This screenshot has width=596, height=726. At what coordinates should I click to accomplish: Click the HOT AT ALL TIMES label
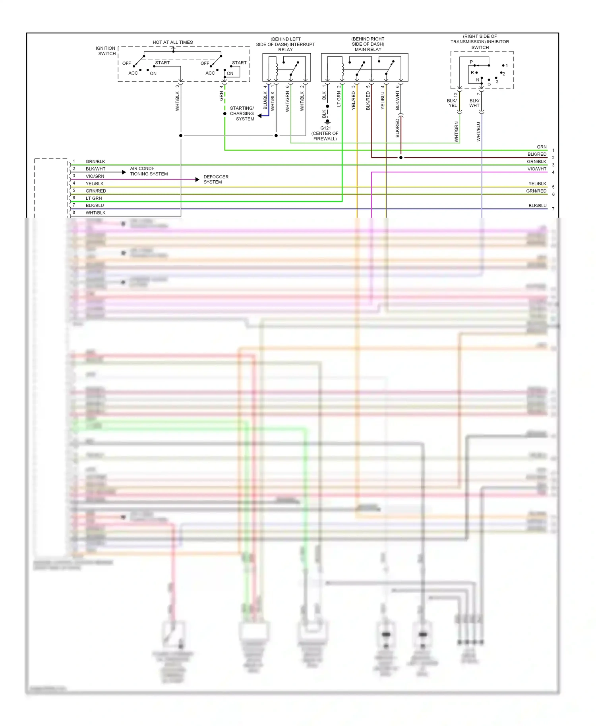(172, 42)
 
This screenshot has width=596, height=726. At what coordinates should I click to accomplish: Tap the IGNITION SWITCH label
(106, 51)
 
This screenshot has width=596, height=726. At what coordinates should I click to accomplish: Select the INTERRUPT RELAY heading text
(285, 44)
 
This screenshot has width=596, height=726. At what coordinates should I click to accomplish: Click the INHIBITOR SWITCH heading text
(480, 42)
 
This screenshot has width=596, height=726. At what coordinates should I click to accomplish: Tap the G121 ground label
(325, 128)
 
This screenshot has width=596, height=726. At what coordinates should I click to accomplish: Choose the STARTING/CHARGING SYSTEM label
(242, 114)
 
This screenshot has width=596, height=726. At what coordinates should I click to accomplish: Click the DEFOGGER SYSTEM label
(216, 180)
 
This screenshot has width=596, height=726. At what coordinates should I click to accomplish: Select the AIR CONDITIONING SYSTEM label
(149, 171)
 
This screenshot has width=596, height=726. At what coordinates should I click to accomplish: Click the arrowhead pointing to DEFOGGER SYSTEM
(197, 180)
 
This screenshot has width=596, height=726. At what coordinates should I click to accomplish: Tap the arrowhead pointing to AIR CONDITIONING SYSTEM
(124, 172)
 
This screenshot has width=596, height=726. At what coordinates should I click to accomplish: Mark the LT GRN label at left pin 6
(94, 198)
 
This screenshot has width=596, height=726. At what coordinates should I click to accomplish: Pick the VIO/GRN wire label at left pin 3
(95, 176)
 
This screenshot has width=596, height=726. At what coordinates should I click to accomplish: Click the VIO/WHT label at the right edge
(537, 169)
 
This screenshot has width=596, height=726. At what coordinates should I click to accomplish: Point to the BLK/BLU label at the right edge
(537, 206)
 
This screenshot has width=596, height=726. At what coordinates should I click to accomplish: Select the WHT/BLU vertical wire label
(478, 132)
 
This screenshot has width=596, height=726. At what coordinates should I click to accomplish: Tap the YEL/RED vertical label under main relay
(353, 101)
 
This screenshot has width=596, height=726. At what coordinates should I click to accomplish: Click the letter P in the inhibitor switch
(471, 62)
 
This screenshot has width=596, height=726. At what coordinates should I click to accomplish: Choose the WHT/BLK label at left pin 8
(95, 213)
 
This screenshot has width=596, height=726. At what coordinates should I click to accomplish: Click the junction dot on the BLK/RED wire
(401, 158)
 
